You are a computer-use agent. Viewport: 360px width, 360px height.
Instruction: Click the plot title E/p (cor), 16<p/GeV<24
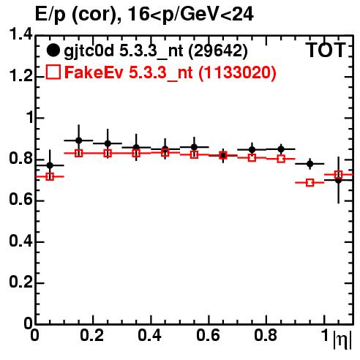coord(144,14)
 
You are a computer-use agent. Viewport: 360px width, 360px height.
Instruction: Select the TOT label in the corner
coord(326,50)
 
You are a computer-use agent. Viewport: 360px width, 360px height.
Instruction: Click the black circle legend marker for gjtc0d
coord(53,50)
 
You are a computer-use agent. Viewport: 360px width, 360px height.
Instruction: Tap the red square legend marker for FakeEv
coord(53,72)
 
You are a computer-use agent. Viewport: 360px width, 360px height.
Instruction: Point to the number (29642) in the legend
coord(218,51)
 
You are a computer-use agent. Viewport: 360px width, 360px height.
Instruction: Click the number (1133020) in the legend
coord(237,72)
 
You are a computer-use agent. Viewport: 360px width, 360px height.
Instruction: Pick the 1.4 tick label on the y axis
coord(20,34)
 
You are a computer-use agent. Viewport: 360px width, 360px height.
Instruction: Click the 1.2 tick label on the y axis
coord(20,76)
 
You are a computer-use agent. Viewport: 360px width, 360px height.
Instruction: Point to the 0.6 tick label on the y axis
coord(20,200)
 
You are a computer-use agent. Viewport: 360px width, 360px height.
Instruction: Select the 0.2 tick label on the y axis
coord(20,282)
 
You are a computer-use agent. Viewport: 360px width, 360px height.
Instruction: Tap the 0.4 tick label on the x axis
coord(149,335)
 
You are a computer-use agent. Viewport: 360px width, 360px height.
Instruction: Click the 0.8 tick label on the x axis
coord(266,335)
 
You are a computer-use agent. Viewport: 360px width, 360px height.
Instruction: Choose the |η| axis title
coord(342,340)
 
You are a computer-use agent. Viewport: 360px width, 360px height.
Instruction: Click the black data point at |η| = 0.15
coord(78,140)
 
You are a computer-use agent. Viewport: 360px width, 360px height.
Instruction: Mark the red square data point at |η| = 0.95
coord(310,182)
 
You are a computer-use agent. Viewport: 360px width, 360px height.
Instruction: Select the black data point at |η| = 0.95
coord(310,164)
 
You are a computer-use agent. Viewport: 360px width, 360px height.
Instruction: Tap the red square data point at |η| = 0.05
coord(50,176)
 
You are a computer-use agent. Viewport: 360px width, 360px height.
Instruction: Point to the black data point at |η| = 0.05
coord(50,165)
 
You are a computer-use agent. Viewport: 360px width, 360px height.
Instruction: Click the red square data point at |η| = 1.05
coord(338,175)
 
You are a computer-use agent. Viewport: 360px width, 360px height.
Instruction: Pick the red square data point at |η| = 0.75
coord(252,157)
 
